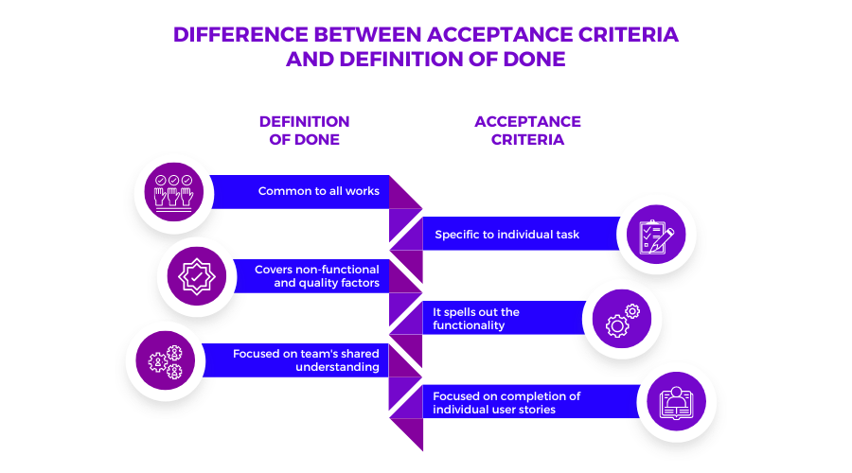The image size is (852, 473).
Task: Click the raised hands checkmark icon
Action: pos(174,191)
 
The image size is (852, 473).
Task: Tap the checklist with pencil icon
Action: pos(657,234)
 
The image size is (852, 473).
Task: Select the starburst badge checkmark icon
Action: pos(197,276)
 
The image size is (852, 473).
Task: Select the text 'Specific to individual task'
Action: pos(506,234)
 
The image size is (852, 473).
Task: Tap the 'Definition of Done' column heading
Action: pos(304,131)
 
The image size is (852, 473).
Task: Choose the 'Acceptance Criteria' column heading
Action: pos(527,131)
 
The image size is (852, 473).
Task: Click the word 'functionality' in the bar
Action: pos(469,325)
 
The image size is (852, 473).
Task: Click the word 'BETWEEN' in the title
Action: pos(363,35)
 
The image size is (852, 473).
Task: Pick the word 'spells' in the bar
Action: pos(464,312)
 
